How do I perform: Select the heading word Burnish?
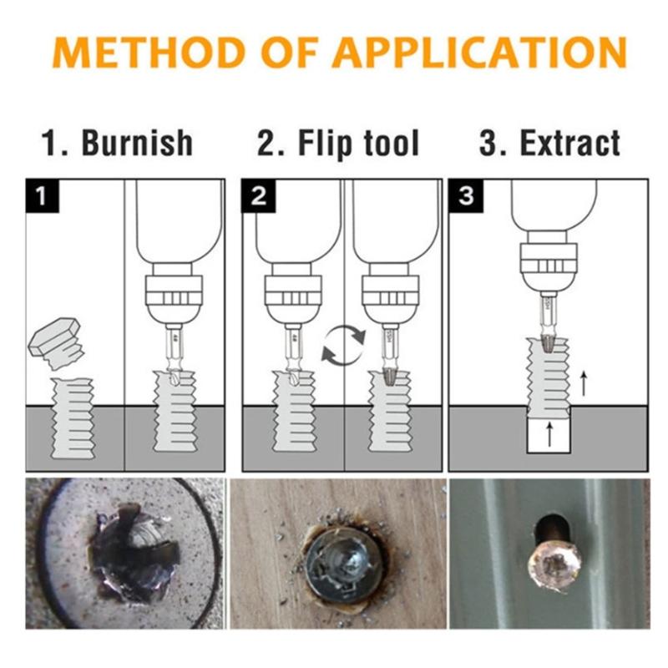pyautogui.click(x=137, y=143)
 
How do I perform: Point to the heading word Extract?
pyautogui.click(x=570, y=143)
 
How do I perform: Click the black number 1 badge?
pyautogui.click(x=41, y=196)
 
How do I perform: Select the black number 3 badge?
pyautogui.click(x=465, y=196)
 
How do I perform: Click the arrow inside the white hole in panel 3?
pyautogui.click(x=549, y=435)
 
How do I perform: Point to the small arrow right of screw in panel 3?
pyautogui.click(x=584, y=383)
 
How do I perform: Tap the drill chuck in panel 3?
pyautogui.click(x=549, y=259)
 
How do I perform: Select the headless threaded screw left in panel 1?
pyautogui.click(x=73, y=417)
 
